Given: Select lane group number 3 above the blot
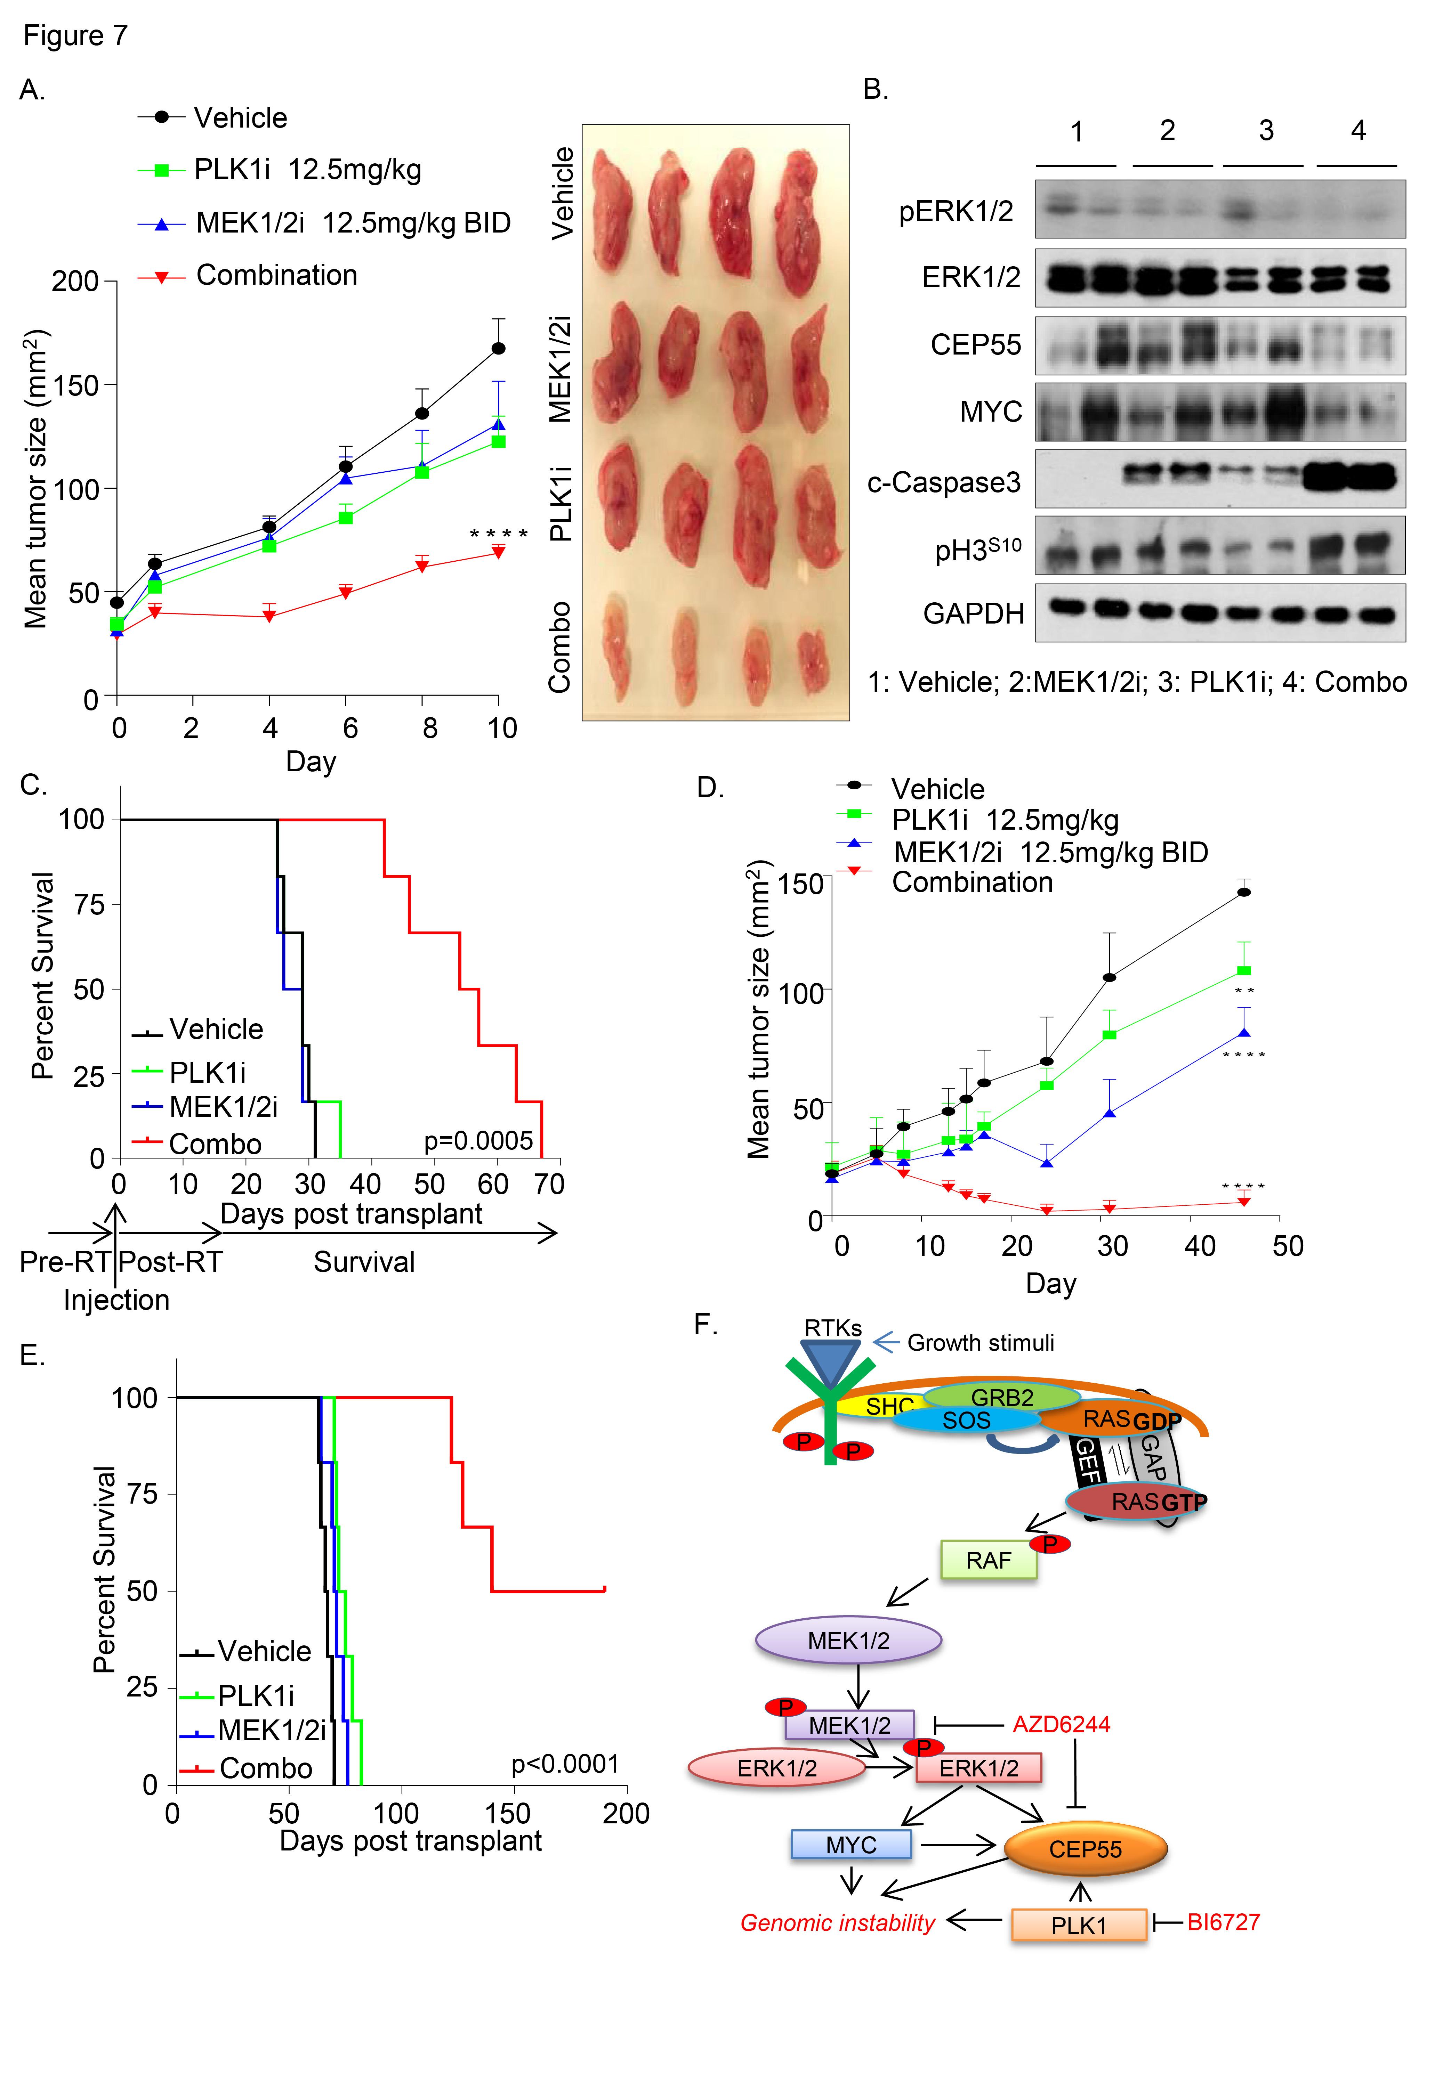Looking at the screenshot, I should click(x=1266, y=131).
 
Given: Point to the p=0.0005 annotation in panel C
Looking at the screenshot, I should click(x=478, y=1140).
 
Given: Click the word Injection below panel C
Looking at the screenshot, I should click(x=116, y=1300).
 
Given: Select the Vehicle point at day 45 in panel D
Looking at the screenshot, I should click(x=1244, y=892).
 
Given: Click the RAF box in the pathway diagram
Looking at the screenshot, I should click(x=988, y=1561).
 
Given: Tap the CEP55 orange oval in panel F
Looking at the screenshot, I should click(x=1085, y=1849).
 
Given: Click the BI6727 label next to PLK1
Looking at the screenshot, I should click(x=1223, y=1921).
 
